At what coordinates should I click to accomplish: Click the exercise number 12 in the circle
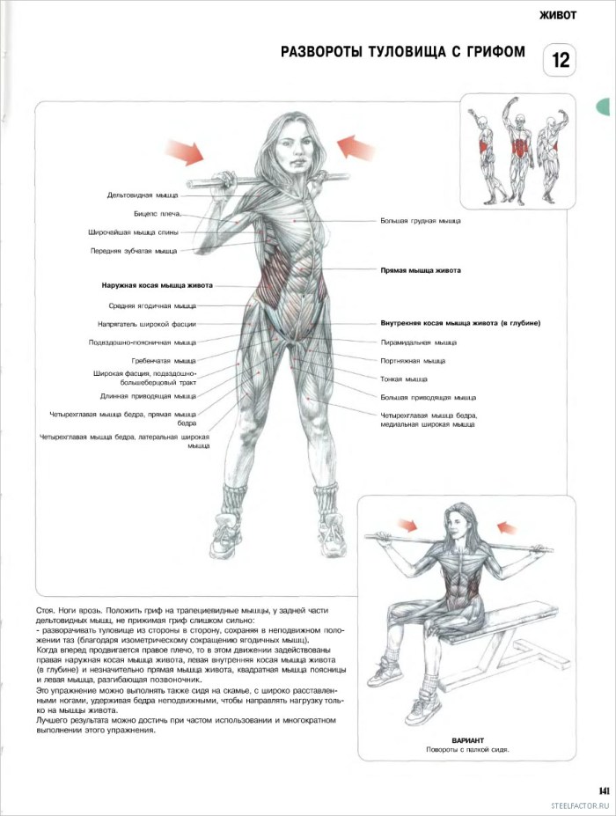(561, 62)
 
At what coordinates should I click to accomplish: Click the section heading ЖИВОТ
(557, 14)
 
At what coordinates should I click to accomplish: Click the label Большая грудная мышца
(421, 221)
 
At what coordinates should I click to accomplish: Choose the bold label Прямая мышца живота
(421, 270)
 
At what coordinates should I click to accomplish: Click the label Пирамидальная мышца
(418, 342)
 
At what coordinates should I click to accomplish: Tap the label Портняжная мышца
(413, 360)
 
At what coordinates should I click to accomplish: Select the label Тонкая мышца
(404, 379)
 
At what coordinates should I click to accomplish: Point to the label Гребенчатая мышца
(164, 360)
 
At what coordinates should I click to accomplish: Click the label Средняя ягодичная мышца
(152, 305)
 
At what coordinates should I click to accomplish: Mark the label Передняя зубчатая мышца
(133, 251)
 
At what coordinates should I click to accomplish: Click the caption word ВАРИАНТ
(468, 740)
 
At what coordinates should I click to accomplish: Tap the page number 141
(604, 790)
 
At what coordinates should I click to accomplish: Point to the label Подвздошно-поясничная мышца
(142, 342)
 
